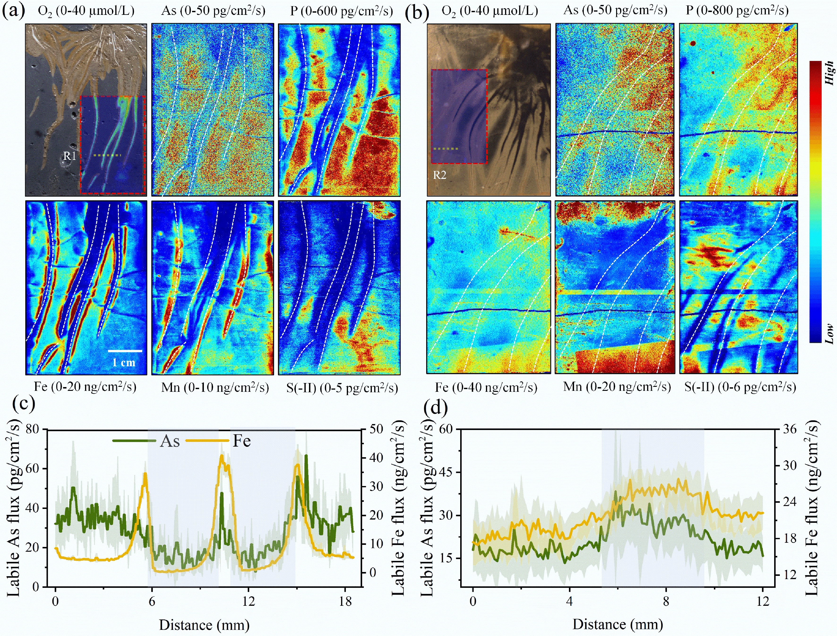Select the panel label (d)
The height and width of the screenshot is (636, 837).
pyautogui.click(x=436, y=407)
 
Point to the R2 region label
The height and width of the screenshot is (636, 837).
pyautogui.click(x=440, y=175)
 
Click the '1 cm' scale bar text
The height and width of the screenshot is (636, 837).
pyautogui.click(x=124, y=362)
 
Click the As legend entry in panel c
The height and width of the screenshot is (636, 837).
pyautogui.click(x=170, y=441)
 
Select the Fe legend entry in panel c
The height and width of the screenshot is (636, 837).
pyautogui.click(x=241, y=441)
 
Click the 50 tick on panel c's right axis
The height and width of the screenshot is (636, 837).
pyautogui.click(x=377, y=429)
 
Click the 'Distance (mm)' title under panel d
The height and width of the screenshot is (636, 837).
pyautogui.click(x=618, y=624)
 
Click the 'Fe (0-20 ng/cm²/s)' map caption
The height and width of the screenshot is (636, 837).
pyautogui.click(x=85, y=387)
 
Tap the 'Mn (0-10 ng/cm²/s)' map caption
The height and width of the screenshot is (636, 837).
pyautogui.click(x=215, y=387)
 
